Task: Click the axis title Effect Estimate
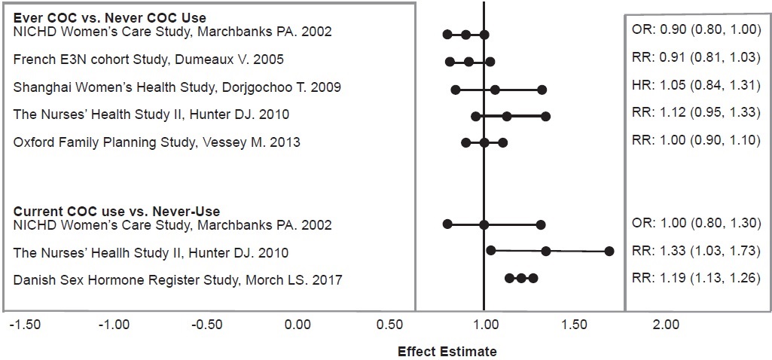[447, 351]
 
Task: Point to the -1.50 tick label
[25, 325]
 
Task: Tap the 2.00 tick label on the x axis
[666, 325]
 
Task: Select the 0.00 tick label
[298, 325]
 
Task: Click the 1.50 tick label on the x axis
[575, 325]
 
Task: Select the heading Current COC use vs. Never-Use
[117, 212]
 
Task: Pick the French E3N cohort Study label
[149, 59]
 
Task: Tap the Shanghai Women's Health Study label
[177, 87]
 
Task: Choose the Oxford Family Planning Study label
[157, 142]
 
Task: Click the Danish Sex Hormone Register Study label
[178, 280]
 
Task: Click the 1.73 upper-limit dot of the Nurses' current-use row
[609, 251]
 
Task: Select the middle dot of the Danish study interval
[520, 278]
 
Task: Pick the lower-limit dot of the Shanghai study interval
[455, 90]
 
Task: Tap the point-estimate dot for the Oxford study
[484, 142]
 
